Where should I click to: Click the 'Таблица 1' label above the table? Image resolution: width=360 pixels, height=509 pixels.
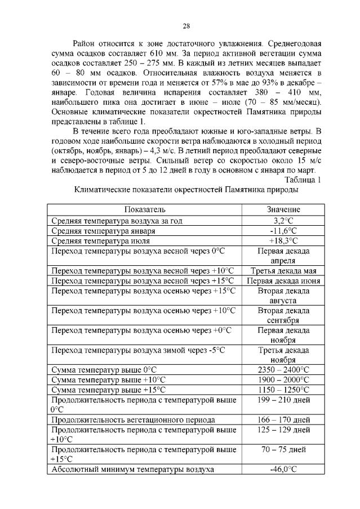(303, 180)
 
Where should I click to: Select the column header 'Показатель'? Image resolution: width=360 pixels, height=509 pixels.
(145, 209)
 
